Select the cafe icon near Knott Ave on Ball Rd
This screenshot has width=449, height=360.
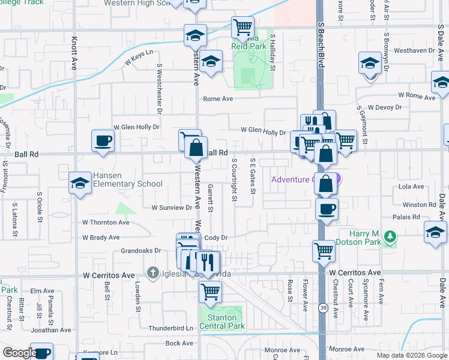click(x=103, y=142)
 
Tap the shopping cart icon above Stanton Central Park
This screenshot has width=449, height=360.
click(x=210, y=292)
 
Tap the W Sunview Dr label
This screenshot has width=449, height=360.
click(x=172, y=208)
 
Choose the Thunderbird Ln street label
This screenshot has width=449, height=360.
click(x=172, y=328)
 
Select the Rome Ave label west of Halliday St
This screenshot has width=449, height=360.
click(x=217, y=99)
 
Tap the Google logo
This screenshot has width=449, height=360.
click(x=19, y=353)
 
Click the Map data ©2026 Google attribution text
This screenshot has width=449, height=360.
click(x=411, y=355)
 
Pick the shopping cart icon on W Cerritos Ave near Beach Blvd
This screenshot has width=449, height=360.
click(x=324, y=251)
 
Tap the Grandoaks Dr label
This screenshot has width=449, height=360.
click(x=141, y=251)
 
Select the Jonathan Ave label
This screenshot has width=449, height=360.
click(x=52, y=330)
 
